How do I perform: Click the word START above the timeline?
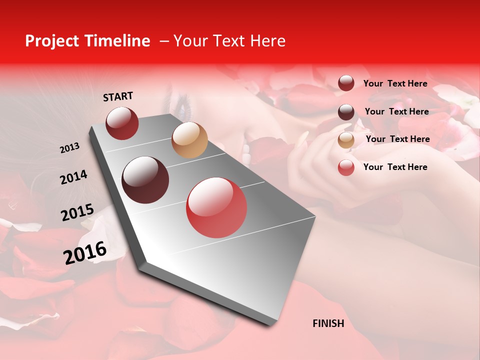(x=118, y=96)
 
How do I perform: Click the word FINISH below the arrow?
(x=328, y=323)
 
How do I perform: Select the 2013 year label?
(x=69, y=148)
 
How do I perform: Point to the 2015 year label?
(x=77, y=212)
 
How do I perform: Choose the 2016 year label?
(x=85, y=253)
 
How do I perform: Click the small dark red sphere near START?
(x=122, y=123)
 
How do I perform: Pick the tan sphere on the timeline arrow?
(x=189, y=140)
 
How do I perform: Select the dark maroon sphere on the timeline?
(x=145, y=180)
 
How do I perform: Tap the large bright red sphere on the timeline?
(x=216, y=207)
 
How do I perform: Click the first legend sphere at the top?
(x=346, y=83)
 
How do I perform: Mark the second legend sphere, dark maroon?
(x=346, y=111)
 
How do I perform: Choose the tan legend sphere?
(x=346, y=139)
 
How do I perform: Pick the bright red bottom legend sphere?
(x=346, y=167)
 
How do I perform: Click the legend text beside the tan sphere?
(x=397, y=139)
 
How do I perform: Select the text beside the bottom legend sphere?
(x=395, y=167)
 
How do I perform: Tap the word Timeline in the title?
(x=119, y=41)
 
